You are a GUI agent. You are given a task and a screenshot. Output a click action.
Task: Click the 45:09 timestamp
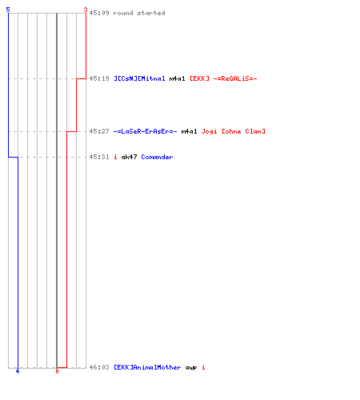(99, 13)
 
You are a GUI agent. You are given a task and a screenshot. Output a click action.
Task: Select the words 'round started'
(139, 13)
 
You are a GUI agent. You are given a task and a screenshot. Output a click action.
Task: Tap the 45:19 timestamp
(99, 78)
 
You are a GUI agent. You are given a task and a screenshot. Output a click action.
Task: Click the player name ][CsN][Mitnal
(139, 78)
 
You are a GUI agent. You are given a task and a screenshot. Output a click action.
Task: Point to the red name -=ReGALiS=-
(235, 78)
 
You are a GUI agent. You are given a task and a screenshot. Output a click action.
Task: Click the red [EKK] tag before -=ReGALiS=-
(199, 78)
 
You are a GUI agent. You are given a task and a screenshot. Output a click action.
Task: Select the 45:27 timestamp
(99, 131)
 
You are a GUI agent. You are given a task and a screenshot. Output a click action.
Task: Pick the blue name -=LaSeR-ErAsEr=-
(145, 131)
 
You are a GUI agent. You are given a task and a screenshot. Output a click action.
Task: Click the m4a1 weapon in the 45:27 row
(189, 131)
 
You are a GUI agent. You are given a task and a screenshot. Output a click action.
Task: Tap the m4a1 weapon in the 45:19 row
(177, 78)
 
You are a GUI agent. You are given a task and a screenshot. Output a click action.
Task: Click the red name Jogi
(209, 131)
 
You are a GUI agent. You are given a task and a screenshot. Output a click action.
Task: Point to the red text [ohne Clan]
(243, 131)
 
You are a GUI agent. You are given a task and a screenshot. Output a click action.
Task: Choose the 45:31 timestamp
(99, 157)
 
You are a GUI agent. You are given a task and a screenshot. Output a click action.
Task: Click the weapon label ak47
(129, 157)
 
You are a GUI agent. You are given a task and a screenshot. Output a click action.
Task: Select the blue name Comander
(157, 157)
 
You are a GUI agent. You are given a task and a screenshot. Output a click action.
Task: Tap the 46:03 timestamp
(99, 367)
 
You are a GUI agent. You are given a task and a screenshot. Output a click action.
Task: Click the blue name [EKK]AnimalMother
(147, 367)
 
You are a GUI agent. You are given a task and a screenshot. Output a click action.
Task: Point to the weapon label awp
(191, 368)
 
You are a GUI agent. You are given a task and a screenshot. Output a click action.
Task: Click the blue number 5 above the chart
(8, 10)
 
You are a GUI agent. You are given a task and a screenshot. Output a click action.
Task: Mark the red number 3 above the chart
(86, 10)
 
